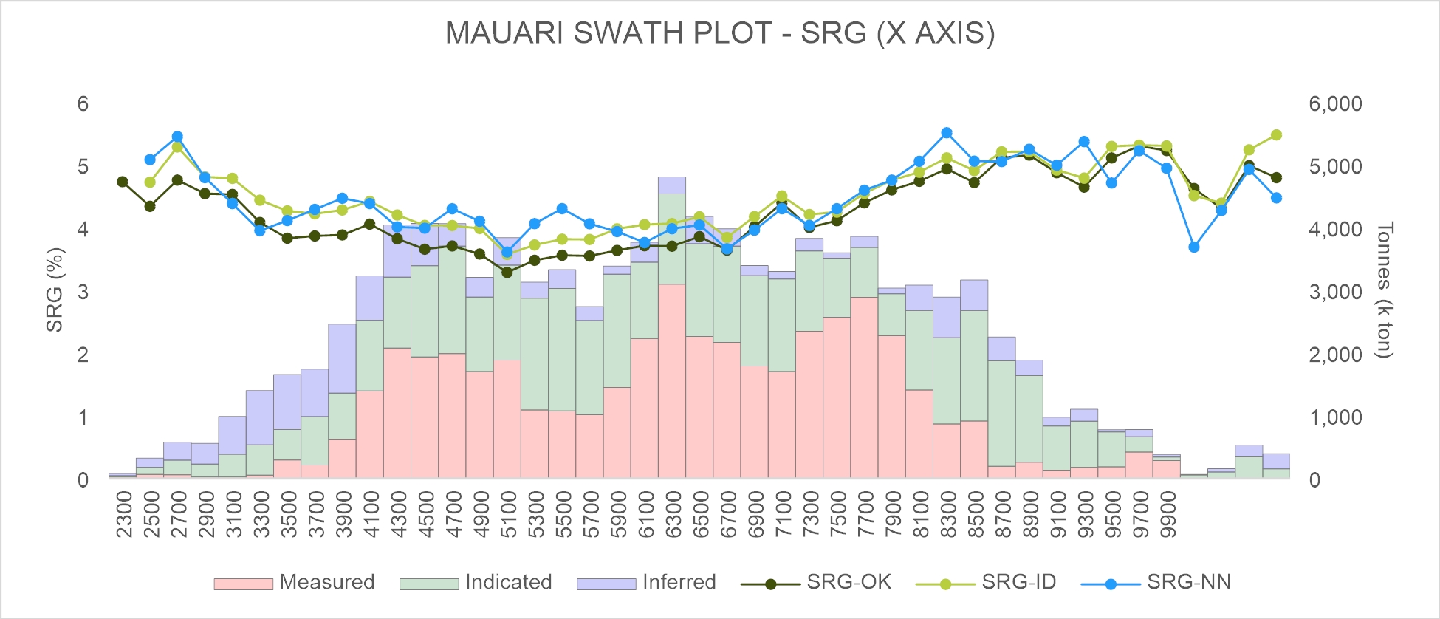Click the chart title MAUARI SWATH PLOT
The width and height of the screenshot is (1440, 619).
tap(720, 33)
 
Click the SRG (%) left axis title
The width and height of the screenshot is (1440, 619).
tap(55, 290)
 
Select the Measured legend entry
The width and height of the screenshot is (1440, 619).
tap(294, 582)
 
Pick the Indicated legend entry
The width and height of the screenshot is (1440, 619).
tap(476, 582)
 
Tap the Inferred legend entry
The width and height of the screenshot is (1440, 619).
tap(646, 582)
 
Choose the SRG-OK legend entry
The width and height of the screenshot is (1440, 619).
tap(816, 582)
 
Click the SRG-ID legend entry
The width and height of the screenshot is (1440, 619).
tap(986, 582)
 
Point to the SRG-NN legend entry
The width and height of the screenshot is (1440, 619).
tap(1156, 582)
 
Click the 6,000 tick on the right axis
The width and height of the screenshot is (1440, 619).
tap(1335, 103)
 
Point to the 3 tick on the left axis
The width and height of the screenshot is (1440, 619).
tap(83, 292)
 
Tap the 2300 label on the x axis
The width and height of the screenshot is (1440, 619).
tap(123, 515)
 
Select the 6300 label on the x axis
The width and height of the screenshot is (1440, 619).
tap(672, 515)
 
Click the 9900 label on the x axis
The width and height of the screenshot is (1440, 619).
tap(1168, 515)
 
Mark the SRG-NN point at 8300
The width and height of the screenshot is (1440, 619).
tap(947, 133)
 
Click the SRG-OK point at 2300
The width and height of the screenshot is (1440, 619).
tap(123, 182)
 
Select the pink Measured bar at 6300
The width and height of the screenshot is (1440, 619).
tap(672, 381)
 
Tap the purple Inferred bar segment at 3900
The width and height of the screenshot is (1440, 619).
tap(343, 358)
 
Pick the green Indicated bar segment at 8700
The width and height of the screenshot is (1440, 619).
tap(1001, 413)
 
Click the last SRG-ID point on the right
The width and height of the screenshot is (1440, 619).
tap(1276, 135)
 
